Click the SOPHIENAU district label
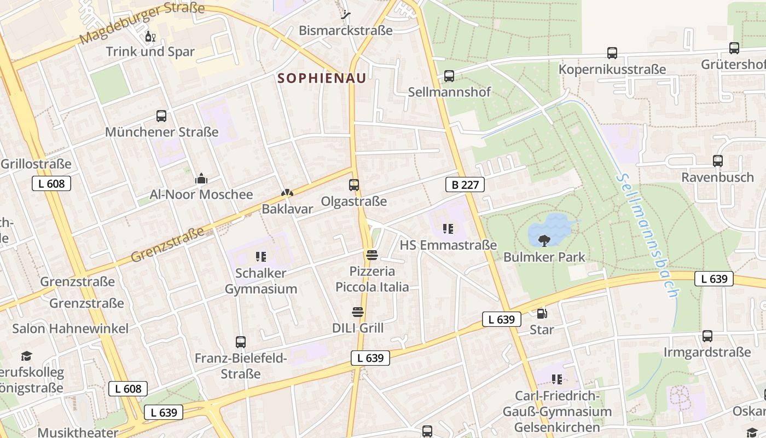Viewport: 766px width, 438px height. point(321,78)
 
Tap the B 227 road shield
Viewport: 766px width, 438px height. point(465,185)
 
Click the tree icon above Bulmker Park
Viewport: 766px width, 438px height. point(544,240)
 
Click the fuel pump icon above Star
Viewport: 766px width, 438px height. point(542,314)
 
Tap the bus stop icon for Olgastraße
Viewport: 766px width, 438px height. point(354,185)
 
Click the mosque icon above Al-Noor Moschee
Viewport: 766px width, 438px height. point(201,178)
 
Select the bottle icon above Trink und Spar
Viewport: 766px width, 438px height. point(149,37)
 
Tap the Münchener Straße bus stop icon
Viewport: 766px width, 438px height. point(161,116)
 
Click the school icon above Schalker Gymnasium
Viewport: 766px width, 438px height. point(260,256)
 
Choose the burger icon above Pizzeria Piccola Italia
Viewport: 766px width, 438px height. point(372,255)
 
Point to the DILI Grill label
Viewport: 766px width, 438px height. point(358,328)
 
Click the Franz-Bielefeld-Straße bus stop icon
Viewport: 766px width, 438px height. point(240,342)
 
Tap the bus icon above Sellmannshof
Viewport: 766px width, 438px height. point(449,76)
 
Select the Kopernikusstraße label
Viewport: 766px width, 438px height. point(612,70)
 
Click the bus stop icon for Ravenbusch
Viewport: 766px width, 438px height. point(717,161)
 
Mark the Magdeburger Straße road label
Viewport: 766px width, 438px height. point(142,24)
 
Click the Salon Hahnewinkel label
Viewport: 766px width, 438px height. point(71,328)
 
